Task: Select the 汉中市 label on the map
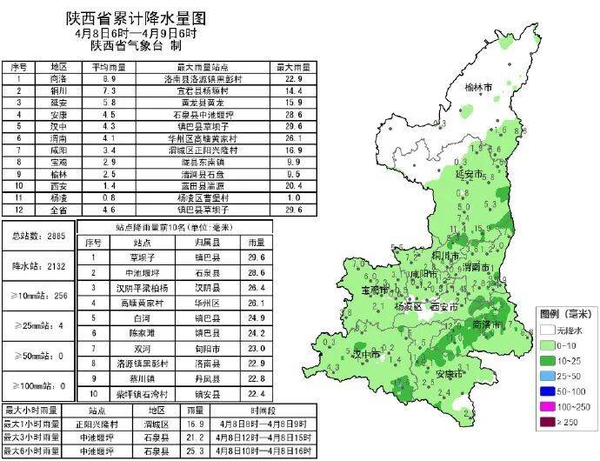[x=367, y=354]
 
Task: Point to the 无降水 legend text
[x=575, y=331]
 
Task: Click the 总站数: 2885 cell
[x=37, y=237]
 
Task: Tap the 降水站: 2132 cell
[x=37, y=265]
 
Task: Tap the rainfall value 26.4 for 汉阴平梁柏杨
[x=256, y=286]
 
